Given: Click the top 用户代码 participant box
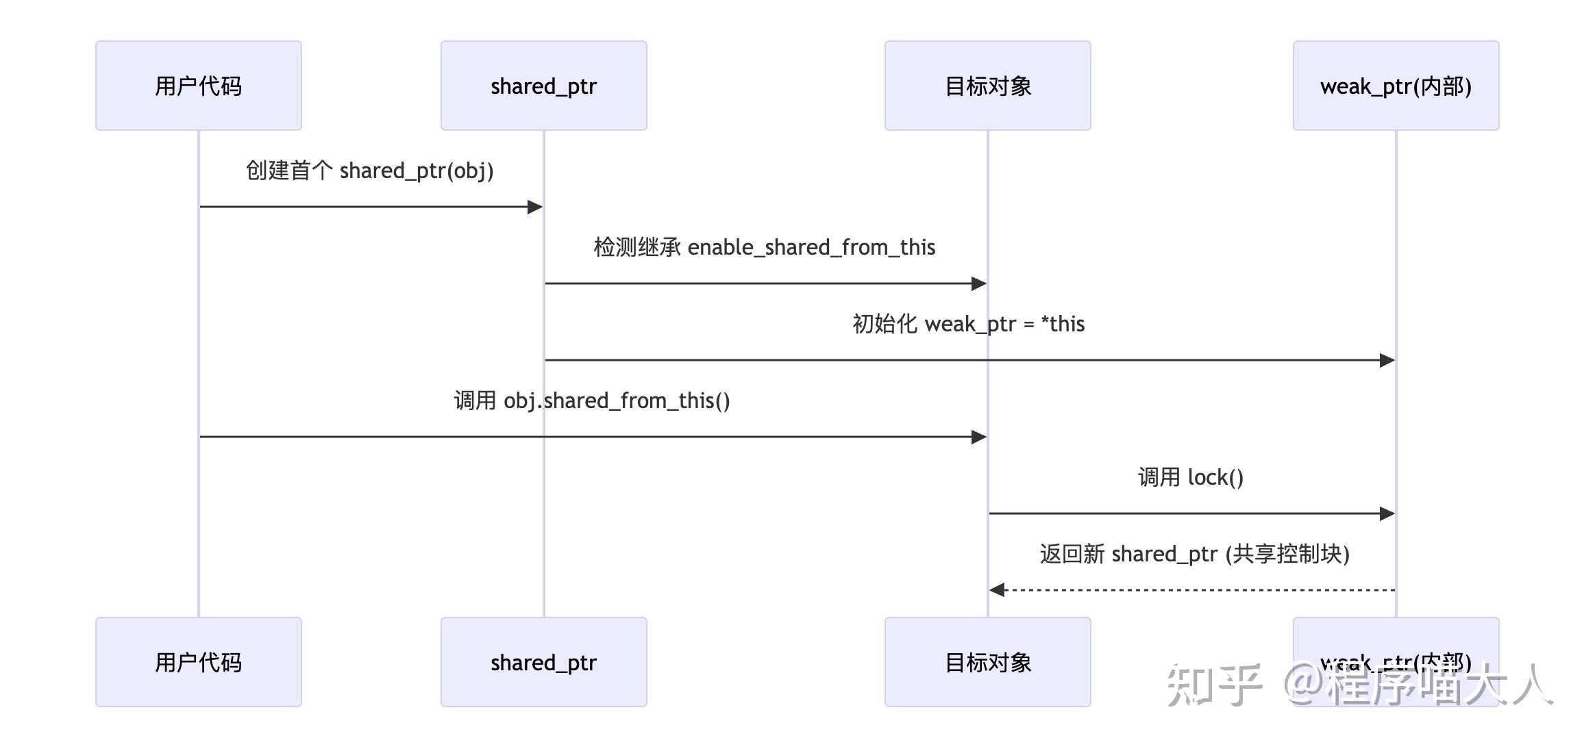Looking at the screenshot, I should coord(199,86).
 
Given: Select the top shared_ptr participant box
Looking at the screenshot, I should coord(543,86).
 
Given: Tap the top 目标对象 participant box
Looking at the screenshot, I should coord(987,86).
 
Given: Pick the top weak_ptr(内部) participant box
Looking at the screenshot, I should coord(1396,86).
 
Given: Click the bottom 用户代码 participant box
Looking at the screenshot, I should coord(199,662).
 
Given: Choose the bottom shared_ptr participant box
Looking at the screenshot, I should coord(543,662).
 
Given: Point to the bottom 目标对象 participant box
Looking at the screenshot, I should coord(987,662).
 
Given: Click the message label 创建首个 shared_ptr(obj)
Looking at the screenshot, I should coord(369,170).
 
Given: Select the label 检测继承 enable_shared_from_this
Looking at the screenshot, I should coord(764,247).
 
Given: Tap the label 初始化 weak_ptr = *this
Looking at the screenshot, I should coord(968,324).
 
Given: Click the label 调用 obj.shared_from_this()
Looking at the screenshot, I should coord(592,401).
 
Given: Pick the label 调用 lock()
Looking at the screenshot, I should coord(1191,477).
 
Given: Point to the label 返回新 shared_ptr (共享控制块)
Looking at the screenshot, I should coord(1194,554).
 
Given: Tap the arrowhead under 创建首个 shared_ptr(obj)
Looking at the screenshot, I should coord(534,207).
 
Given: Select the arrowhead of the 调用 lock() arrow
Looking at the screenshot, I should coord(1387,513).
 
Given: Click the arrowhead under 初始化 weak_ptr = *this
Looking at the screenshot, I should coord(1387,360).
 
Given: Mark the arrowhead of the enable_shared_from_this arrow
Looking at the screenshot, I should coord(978,283).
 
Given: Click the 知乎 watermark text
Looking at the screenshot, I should coord(1213,685).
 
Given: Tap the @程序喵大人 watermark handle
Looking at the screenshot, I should coord(1418,685).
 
